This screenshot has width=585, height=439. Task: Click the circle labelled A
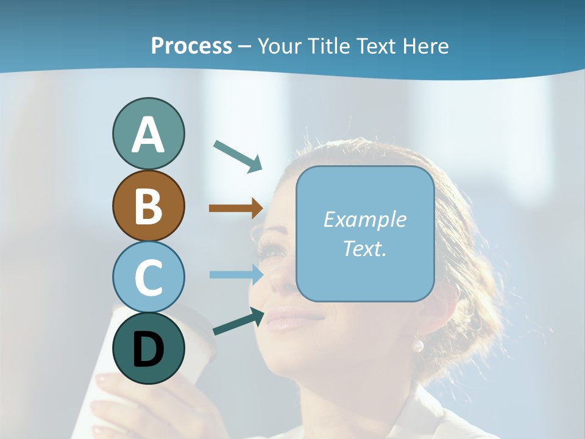tap(148, 134)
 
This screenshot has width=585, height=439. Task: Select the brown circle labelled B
tap(148, 205)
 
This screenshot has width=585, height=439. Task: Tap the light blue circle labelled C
tap(148, 277)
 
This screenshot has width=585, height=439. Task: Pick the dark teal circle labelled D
tap(148, 348)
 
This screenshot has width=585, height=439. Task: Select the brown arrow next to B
tap(236, 209)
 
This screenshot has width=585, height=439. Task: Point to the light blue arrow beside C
tap(236, 274)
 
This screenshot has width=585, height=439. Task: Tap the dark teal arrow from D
tap(238, 322)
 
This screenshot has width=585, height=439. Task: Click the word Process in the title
tap(191, 46)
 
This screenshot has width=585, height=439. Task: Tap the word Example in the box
tap(364, 220)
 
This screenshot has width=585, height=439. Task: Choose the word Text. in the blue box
tap(364, 248)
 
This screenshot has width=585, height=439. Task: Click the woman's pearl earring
tap(418, 346)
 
